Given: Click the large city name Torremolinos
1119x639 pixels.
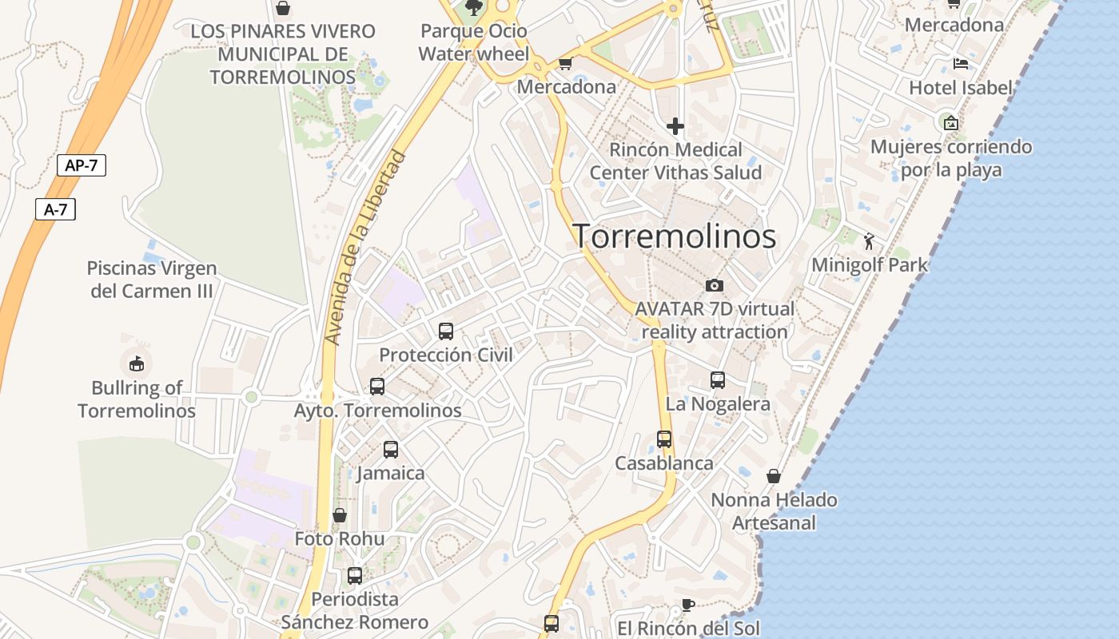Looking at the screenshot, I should click(674, 236).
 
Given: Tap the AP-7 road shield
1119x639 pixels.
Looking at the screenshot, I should click(82, 166).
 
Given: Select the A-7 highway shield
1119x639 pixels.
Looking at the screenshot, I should click(56, 210).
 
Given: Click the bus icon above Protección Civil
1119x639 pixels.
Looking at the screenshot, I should click(446, 331).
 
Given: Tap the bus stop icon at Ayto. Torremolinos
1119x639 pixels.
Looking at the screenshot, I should click(377, 387).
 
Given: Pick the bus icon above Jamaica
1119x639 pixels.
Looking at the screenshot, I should click(390, 449).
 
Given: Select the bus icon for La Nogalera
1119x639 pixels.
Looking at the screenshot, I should click(718, 380).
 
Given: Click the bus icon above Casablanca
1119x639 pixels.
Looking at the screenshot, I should click(663, 439).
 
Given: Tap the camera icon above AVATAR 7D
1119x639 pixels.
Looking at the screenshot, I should click(714, 285).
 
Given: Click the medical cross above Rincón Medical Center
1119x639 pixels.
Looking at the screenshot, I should click(675, 125).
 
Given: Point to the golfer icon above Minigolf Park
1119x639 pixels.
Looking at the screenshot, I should click(869, 240).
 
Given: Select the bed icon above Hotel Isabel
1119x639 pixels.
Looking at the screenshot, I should click(961, 64).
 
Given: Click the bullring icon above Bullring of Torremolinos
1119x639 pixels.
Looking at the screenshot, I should click(137, 363).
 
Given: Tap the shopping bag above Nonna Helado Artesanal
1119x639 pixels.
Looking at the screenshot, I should click(774, 476).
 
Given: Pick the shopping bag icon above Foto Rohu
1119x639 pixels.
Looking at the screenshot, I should click(340, 515).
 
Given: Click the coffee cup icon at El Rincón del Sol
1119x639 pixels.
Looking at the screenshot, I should click(687, 605).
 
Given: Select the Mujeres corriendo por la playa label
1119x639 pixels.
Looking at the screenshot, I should click(951, 158).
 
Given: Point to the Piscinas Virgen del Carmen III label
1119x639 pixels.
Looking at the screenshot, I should click(152, 280).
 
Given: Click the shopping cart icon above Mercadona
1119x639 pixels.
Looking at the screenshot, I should click(565, 64).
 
